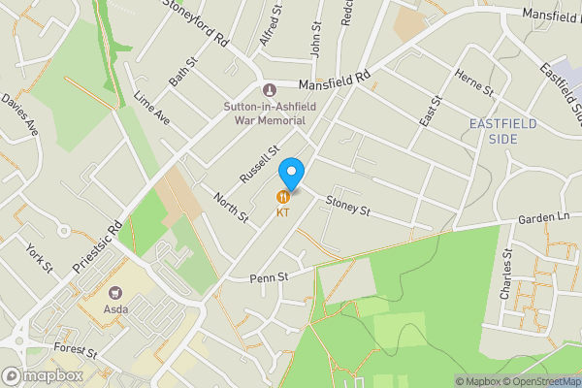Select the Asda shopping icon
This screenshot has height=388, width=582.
point(117,292)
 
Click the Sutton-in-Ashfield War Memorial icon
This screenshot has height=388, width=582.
point(256,90)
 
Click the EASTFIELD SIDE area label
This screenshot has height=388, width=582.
point(506,131)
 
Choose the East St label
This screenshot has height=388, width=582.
point(430,111)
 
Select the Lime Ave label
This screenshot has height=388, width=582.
point(152,109)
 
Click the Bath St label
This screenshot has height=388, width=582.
point(183,74)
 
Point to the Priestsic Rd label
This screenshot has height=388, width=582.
point(96,246)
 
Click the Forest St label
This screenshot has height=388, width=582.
point(76,351)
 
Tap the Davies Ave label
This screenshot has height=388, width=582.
point(18,115)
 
